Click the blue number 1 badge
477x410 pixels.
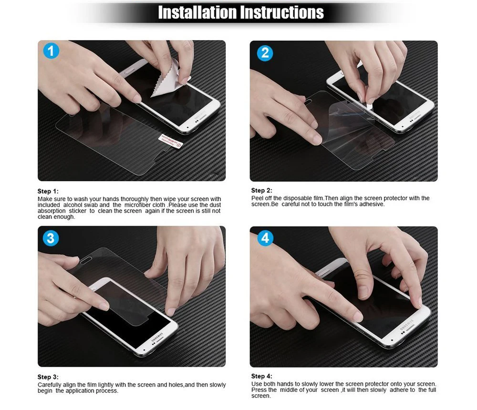(51, 51)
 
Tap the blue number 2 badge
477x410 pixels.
(265, 52)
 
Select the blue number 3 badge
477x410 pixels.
(51, 238)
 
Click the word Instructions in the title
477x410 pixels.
(282, 12)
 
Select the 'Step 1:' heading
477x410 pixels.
(48, 191)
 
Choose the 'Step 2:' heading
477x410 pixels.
(261, 191)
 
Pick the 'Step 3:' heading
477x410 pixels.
(48, 377)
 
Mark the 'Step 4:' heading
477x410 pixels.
(261, 377)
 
